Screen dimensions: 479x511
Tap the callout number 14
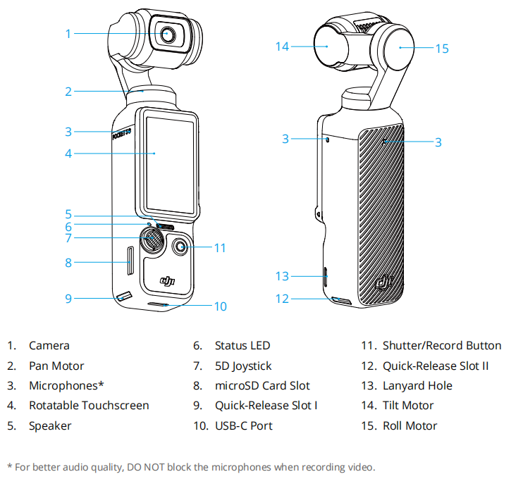coord(283,46)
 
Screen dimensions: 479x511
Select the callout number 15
coord(442,49)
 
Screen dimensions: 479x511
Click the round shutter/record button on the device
coord(180,247)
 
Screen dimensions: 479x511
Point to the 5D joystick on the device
coord(152,240)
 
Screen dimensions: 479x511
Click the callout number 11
coord(220,247)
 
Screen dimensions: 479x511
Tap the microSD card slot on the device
coord(130,262)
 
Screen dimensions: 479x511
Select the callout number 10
coord(220,306)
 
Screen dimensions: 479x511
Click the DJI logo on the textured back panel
coord(383,282)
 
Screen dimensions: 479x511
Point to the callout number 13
coord(283,276)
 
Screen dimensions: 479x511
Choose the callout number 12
coord(283,299)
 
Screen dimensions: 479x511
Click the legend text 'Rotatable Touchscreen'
coord(89,406)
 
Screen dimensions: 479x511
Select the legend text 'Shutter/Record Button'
coord(442,346)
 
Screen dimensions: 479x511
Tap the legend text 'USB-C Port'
coord(244,425)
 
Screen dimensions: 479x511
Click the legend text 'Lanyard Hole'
coord(417,386)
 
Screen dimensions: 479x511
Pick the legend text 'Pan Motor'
coord(56,366)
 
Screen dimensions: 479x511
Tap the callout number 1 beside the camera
coord(68,33)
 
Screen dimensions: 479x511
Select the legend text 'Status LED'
coord(242,346)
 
